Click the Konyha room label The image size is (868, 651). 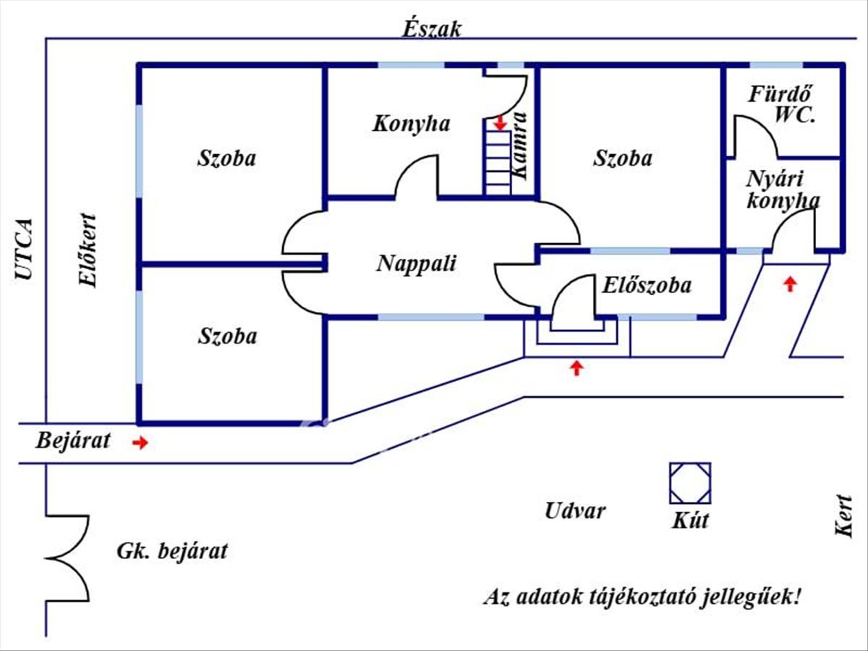coord(411,124)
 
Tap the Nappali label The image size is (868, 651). coord(416,263)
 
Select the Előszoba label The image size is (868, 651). coord(646,285)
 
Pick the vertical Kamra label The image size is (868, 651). coord(519,145)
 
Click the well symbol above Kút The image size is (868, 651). coord(689,482)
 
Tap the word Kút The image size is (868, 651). coord(690,520)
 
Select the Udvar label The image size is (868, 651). coord(575,511)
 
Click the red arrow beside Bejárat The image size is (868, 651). coord(140,443)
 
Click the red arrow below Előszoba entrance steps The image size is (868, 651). coord(576,368)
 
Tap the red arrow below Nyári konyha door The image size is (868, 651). coord(790,283)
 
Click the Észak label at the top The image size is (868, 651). coord(432,29)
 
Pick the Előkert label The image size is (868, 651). coord(88,250)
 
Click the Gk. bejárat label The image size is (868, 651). coord(171,551)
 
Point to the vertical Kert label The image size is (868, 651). coord(843,515)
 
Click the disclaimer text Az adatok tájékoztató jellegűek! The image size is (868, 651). coord(642,597)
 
